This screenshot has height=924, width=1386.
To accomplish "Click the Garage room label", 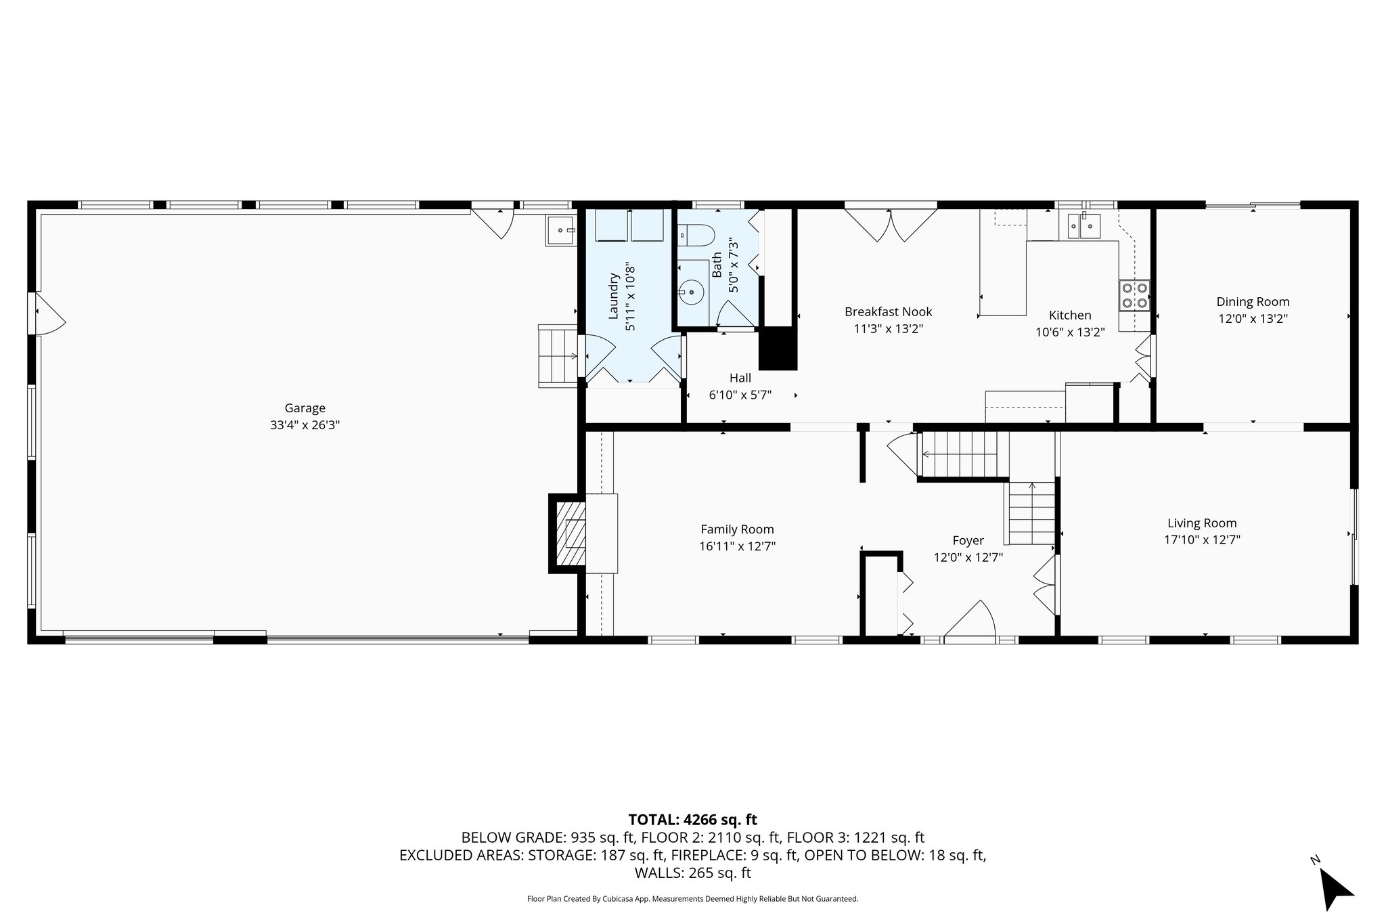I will click(x=305, y=408).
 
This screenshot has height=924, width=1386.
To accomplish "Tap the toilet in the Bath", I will click(x=698, y=236).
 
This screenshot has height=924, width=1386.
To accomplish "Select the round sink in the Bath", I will click(x=692, y=293).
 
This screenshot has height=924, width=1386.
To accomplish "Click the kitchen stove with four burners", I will click(x=1134, y=295).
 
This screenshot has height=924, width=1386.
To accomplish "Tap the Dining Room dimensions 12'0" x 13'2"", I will click(x=1253, y=319).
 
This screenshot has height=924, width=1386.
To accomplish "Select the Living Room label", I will click(x=1202, y=523).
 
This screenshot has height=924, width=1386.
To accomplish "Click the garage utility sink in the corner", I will click(x=560, y=231).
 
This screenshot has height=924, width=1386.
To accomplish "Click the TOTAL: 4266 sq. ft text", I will click(x=692, y=820).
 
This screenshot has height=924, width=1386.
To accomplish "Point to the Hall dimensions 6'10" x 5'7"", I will click(x=740, y=395).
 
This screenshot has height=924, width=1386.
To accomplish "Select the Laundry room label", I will click(x=614, y=296).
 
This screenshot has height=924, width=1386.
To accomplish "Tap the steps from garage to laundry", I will click(x=558, y=355).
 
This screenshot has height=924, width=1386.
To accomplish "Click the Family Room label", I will click(x=737, y=529).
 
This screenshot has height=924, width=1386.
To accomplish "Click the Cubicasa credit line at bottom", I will click(x=692, y=899).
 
